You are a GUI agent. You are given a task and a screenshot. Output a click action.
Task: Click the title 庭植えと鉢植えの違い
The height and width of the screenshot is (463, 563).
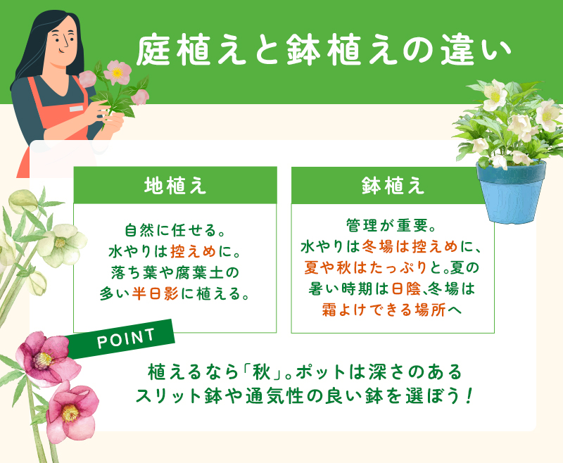(x=321, y=51)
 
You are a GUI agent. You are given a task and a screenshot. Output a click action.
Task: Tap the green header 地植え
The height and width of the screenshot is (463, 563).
(x=175, y=185)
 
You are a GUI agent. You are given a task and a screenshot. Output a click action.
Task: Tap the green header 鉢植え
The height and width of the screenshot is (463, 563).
(x=392, y=185)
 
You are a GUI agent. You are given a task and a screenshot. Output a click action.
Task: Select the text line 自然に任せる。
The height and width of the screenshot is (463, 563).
(x=175, y=230)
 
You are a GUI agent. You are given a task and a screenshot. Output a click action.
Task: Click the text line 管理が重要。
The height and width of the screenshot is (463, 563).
(x=393, y=227)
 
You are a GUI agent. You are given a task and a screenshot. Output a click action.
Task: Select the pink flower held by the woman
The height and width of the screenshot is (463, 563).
(x=117, y=71)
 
